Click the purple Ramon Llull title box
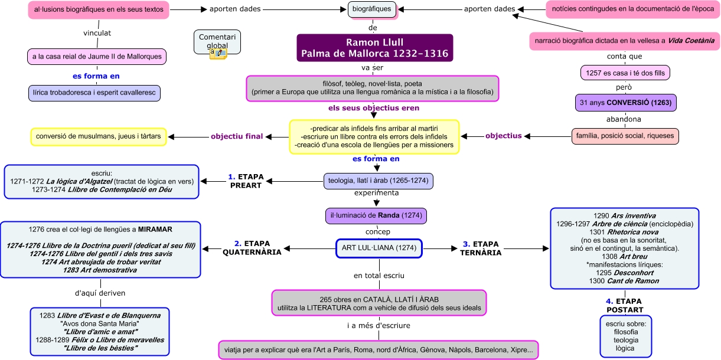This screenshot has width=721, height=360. coord(374,48)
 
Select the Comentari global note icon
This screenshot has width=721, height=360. coord(218,54)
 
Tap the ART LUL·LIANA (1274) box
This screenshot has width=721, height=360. coord(379,249)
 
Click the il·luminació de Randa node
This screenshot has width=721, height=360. coord(376,215)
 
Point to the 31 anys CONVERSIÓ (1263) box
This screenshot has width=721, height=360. coord(625,103)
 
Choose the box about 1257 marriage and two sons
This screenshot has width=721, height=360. coord(625,73)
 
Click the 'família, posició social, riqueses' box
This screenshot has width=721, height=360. coord(625,136)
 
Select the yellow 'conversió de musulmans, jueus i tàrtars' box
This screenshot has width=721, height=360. coord(99,136)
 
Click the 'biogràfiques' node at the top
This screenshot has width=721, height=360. coord(372,9)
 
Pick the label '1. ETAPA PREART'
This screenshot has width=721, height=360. coord(246,181)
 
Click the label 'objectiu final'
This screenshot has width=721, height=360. coord(237,136)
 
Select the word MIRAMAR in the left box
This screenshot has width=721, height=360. coord(156,228)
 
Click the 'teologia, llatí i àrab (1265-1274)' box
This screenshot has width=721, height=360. coord(379,181)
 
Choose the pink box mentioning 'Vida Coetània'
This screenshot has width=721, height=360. coord(625,41)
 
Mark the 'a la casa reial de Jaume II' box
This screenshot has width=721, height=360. coord(97,57)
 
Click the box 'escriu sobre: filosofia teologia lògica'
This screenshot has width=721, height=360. coord(625,336)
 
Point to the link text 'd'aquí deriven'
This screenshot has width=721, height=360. coord(100,293)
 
